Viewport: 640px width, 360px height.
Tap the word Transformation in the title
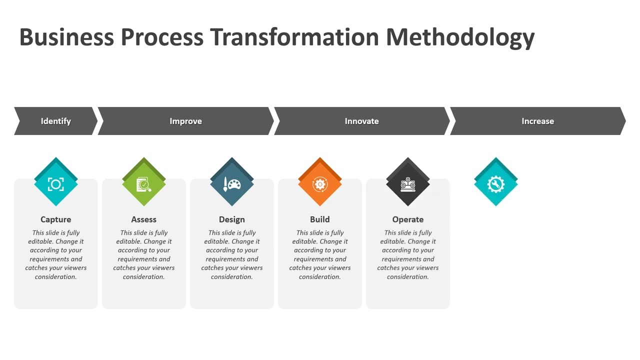click(294, 37)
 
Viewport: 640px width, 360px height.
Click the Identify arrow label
click(55, 121)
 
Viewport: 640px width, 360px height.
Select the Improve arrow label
click(185, 121)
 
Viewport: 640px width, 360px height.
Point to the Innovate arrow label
click(361, 121)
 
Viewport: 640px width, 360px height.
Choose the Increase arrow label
click(537, 121)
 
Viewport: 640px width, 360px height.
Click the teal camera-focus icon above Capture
click(56, 184)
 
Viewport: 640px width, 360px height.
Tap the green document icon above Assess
click(144, 184)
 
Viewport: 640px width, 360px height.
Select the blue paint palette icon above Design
click(232, 184)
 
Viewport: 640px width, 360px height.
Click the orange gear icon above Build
click(320, 184)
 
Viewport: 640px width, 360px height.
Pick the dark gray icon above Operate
click(408, 184)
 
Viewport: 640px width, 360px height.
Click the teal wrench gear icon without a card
click(496, 184)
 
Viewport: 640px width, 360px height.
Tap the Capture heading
click(56, 219)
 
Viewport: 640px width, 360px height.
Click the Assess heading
click(144, 219)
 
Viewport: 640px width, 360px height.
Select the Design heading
click(232, 219)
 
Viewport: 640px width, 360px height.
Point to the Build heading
click(320, 219)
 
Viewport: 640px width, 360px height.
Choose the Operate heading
click(408, 219)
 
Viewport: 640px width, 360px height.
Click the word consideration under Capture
click(55, 277)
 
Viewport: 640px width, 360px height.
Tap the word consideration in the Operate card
click(407, 277)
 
